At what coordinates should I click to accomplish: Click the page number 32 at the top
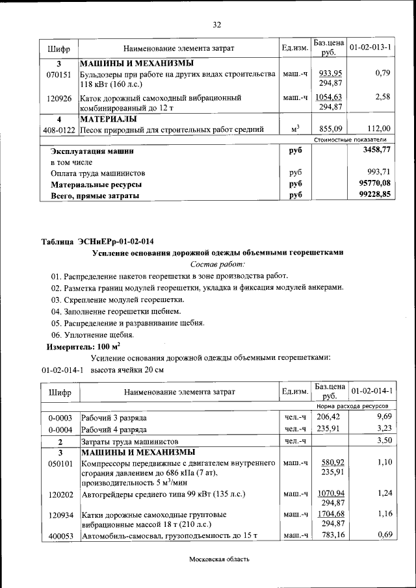tap(217, 25)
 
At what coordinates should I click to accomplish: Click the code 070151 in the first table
tap(58, 74)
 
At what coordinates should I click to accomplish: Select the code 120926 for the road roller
tap(58, 99)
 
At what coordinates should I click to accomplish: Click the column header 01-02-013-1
tap(370, 48)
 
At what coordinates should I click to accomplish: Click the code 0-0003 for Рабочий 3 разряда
tap(60, 417)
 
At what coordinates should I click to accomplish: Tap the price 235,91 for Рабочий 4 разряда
tap(328, 429)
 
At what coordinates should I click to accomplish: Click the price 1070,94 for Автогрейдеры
tap(331, 494)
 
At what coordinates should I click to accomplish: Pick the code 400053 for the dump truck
tap(58, 536)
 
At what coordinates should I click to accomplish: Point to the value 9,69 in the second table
tap(383, 416)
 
